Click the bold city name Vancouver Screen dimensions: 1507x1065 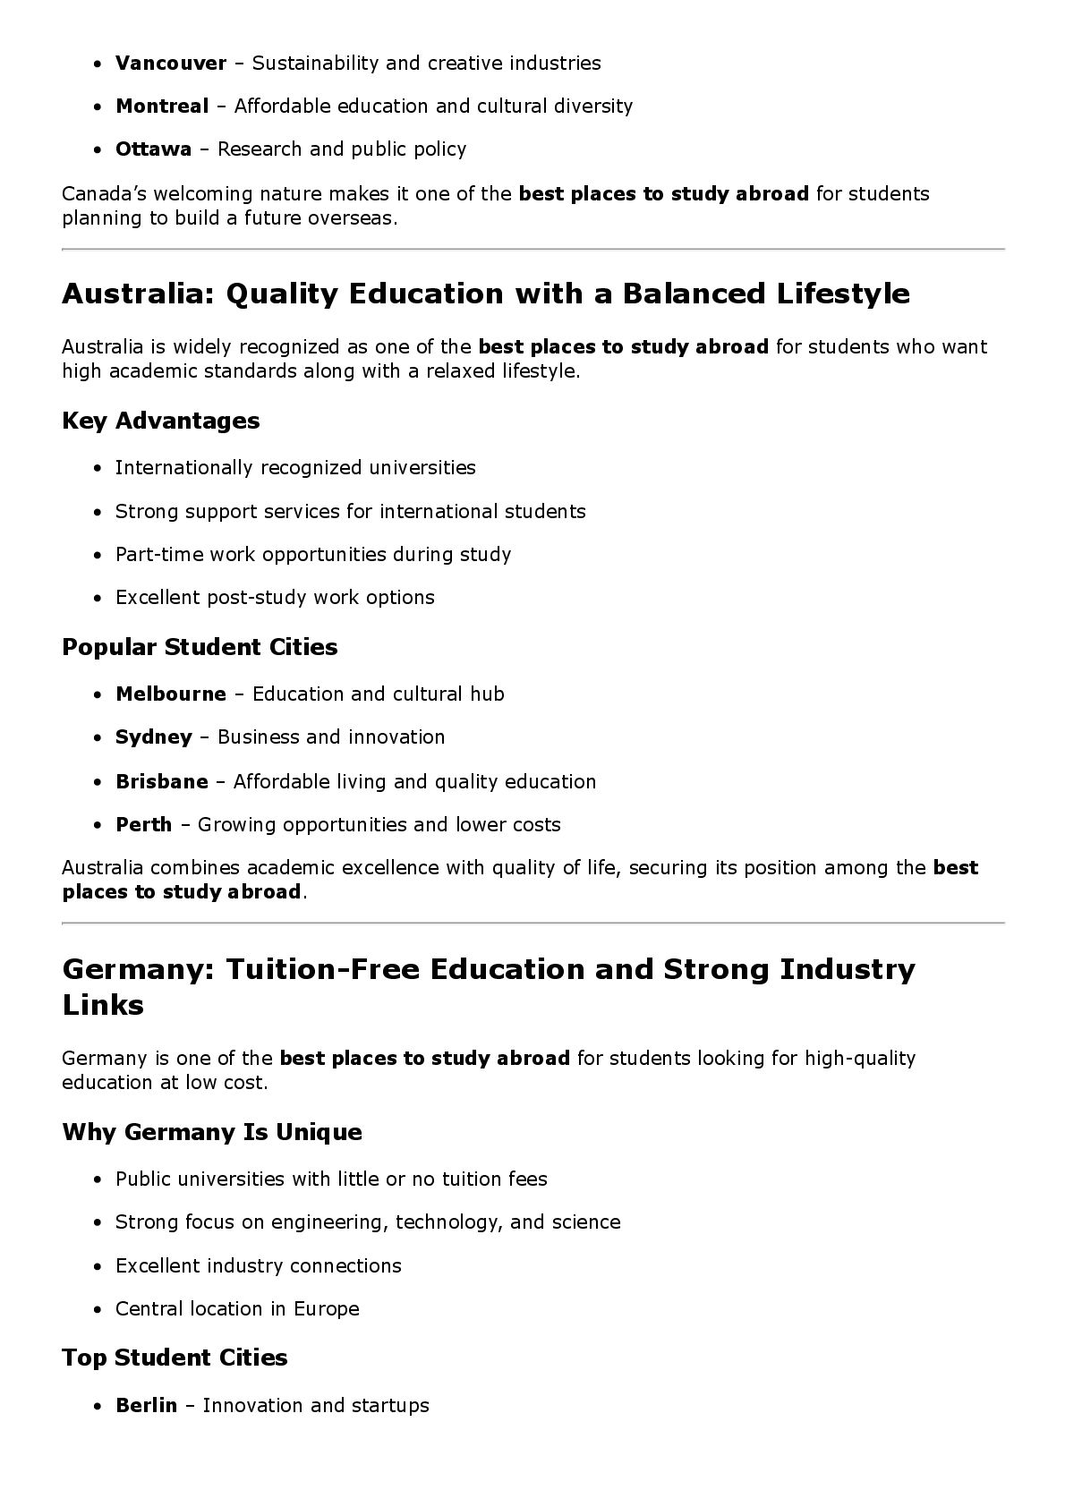[170, 64]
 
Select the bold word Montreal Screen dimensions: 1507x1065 [161, 106]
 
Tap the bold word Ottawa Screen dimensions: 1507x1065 [153, 149]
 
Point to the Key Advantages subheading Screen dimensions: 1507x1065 [160, 421]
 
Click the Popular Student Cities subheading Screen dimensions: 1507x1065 [200, 647]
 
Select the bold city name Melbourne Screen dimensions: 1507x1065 [170, 694]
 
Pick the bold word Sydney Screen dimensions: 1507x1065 [153, 737]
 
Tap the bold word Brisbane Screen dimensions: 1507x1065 [161, 782]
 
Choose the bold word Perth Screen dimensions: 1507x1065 [143, 825]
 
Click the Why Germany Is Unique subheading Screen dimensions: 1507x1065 [212, 1132]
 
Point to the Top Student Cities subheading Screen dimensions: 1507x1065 [175, 1358]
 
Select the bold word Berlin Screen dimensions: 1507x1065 [146, 1406]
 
